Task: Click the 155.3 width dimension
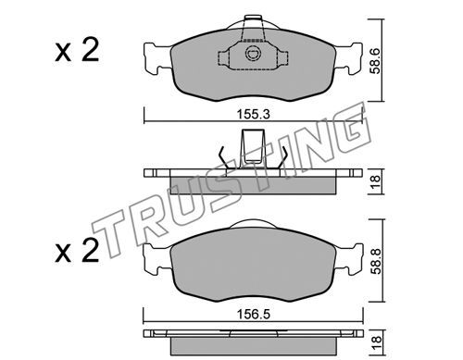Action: (x=253, y=115)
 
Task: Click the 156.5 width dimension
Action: (x=253, y=315)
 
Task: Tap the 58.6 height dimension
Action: (x=376, y=60)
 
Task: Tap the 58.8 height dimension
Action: (x=376, y=261)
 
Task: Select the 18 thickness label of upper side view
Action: (x=376, y=182)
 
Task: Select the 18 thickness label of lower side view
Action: (x=376, y=343)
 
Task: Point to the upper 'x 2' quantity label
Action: (x=77, y=50)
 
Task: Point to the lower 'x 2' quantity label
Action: (x=77, y=251)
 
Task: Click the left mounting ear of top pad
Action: (x=156, y=59)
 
